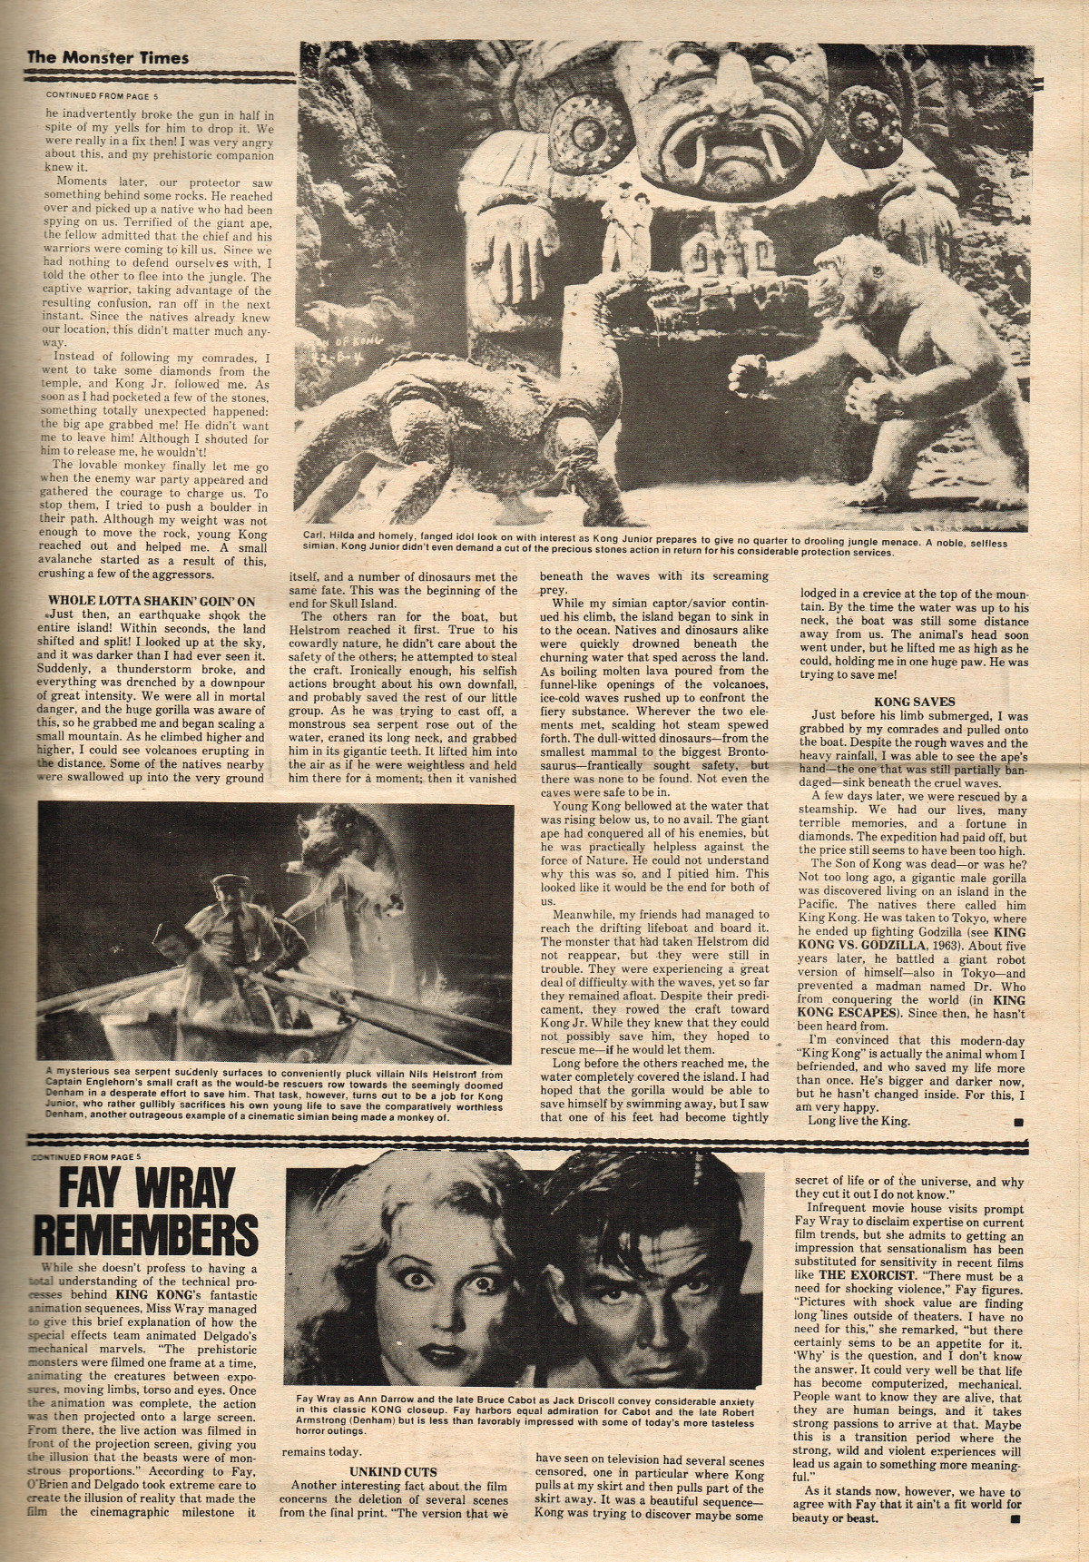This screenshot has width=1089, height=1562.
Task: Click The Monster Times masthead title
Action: [x=107, y=57]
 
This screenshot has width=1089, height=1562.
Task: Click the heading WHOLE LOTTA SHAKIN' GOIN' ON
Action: [x=151, y=601]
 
